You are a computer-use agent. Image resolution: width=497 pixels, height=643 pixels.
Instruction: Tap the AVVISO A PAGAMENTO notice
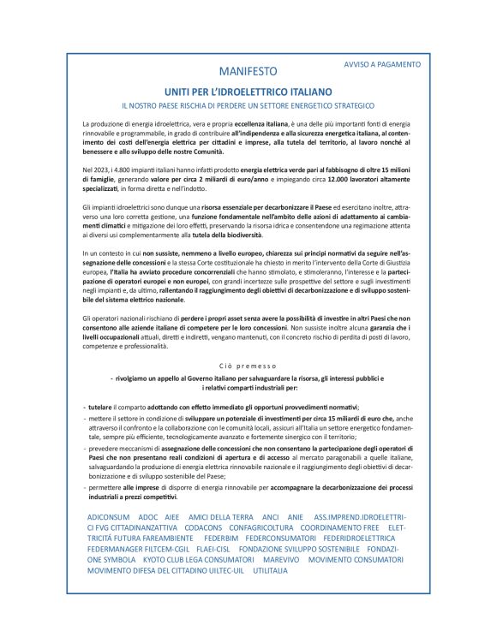(382, 64)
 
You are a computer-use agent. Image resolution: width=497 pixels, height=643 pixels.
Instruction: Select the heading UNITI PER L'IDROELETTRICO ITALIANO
(249, 91)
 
